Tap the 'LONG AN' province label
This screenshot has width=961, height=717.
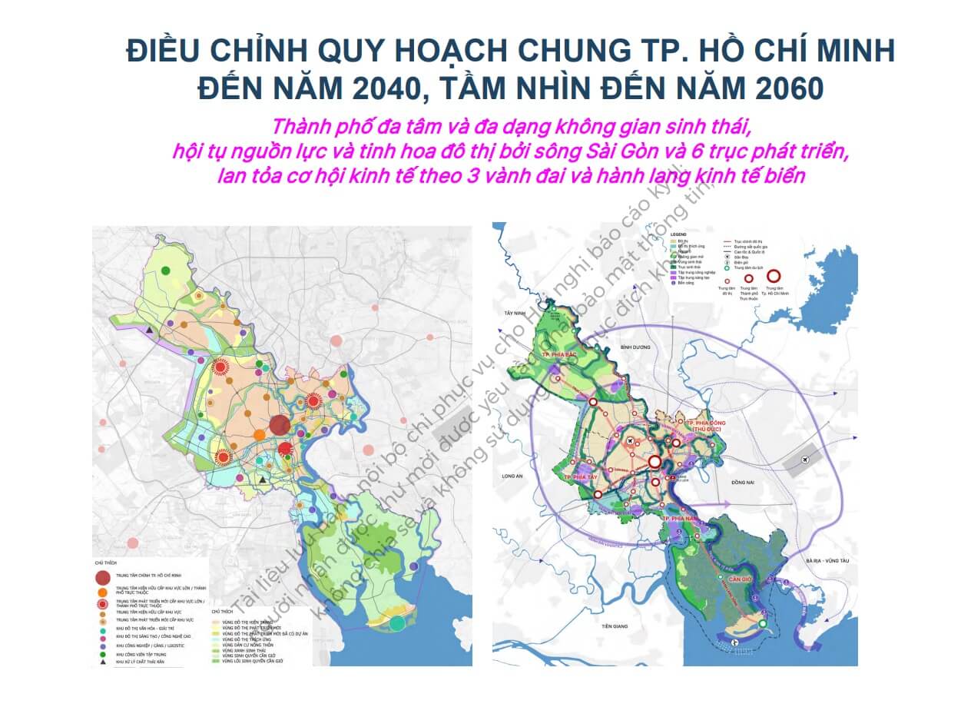[512, 476]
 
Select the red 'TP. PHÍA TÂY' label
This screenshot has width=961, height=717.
[579, 476]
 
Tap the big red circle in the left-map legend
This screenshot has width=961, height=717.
[103, 579]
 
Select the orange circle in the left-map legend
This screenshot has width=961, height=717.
[102, 593]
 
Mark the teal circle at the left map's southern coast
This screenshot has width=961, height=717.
[397, 623]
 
